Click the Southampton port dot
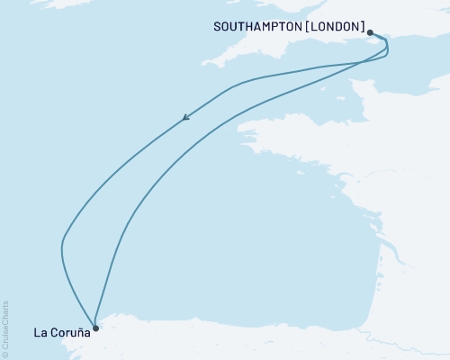click(x=370, y=32)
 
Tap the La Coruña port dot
click(x=95, y=328)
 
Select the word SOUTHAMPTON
click(x=257, y=27)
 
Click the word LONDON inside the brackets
click(x=334, y=27)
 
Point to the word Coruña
click(x=71, y=333)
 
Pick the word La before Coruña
click(x=40, y=333)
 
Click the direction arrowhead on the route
click(x=185, y=116)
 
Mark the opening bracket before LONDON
click(x=308, y=27)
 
